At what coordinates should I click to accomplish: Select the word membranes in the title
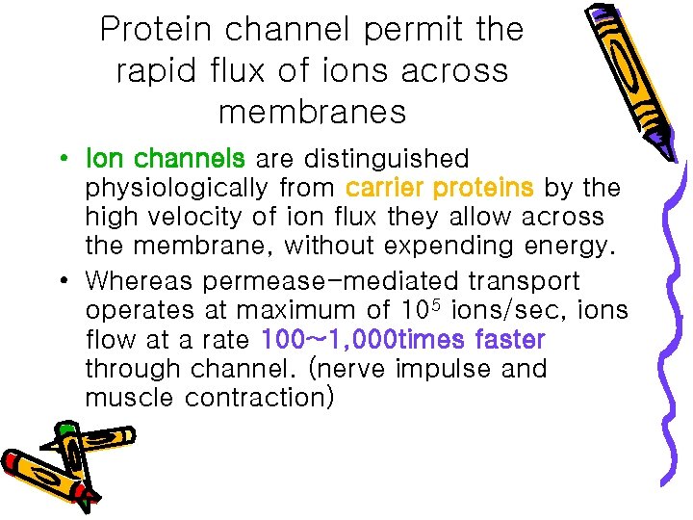pos(312,113)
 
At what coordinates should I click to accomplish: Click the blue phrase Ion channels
pos(165,159)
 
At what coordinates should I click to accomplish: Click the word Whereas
pos(141,282)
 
